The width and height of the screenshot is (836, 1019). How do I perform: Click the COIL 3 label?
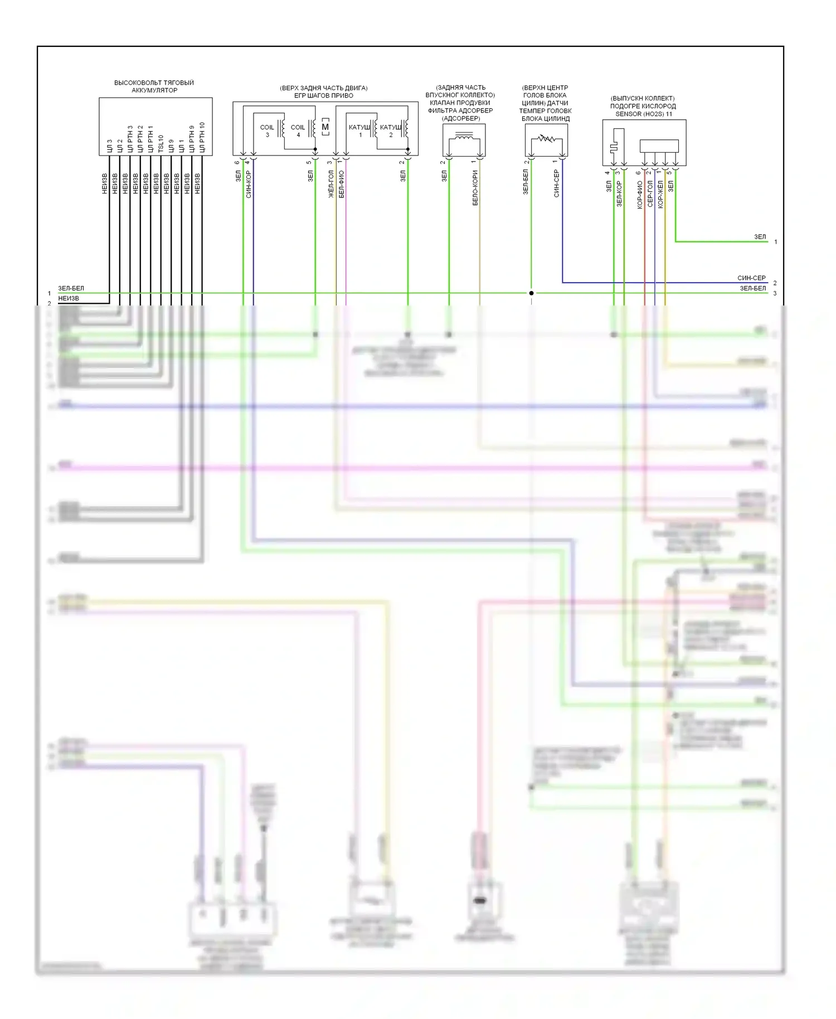coord(267,130)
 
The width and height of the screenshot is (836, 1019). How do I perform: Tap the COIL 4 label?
coord(298,130)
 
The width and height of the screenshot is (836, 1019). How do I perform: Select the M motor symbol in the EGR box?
coord(325,127)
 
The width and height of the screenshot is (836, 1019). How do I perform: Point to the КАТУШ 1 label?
coord(359,130)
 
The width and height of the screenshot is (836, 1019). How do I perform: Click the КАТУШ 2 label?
coord(391,130)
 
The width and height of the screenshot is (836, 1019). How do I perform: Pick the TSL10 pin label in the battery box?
coord(161,143)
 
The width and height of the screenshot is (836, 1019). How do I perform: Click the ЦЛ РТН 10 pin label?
coord(202,137)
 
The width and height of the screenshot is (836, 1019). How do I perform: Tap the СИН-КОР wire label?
coord(249,184)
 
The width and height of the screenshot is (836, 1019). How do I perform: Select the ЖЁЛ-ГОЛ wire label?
coord(331,184)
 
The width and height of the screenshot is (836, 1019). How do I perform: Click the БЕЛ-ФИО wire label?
coord(341,184)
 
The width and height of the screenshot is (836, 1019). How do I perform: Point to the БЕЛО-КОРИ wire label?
coord(475,188)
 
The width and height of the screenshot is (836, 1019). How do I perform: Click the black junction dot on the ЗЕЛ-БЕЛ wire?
coord(531,293)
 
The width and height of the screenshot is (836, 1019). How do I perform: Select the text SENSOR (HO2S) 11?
coord(644,114)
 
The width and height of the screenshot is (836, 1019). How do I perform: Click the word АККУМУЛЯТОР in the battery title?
coord(154,90)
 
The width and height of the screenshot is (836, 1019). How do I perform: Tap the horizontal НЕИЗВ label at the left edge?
coord(69,299)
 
